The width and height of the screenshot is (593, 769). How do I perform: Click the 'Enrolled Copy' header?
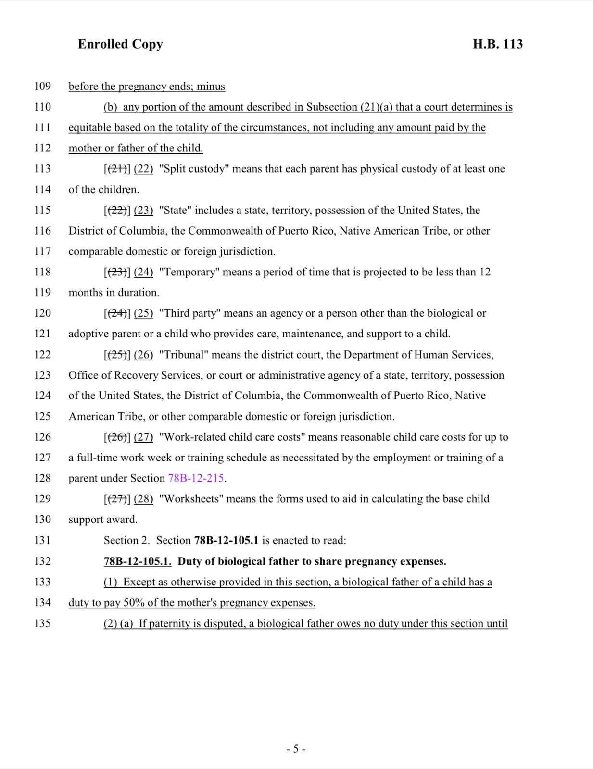pos(120,44)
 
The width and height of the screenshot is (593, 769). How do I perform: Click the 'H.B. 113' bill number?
pos(497,44)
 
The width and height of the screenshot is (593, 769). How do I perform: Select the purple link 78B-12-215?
pos(196,478)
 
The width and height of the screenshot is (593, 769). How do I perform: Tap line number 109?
pos(42,87)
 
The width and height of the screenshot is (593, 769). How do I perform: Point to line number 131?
pos(42,540)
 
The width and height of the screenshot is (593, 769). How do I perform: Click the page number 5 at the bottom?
pos(296,749)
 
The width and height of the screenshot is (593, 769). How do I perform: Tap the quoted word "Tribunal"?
pos(183,355)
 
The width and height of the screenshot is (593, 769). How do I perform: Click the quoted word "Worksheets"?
pos(191,499)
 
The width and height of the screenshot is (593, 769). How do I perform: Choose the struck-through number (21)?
pos(116,169)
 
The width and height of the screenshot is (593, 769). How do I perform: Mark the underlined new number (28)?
pos(143,499)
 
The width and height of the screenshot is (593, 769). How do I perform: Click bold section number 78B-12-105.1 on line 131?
pos(226,540)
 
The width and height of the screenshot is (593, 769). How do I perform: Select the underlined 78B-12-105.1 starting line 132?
pos(138,561)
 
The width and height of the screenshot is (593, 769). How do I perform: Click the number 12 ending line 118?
pos(485,272)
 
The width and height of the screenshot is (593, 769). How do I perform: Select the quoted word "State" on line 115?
pos(175,210)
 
